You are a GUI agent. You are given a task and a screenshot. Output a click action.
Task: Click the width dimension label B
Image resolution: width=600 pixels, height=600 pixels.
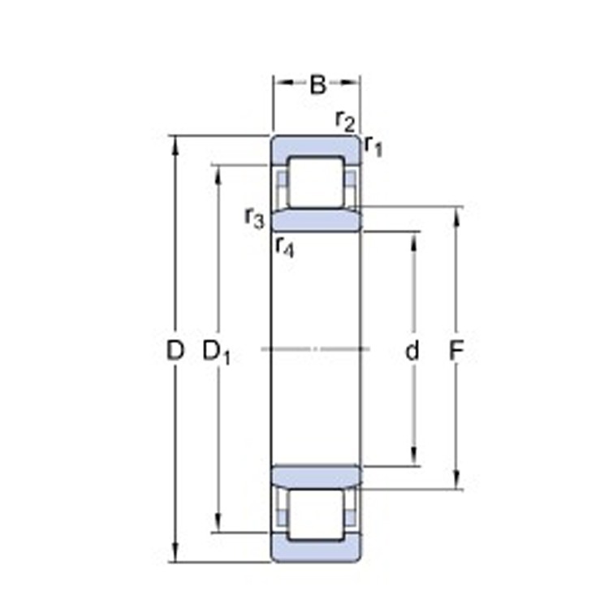tap(317, 84)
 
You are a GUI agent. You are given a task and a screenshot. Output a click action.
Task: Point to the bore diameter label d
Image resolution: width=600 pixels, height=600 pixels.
tap(413, 351)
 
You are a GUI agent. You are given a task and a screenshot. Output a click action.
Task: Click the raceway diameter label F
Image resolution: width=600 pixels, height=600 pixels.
tap(456, 351)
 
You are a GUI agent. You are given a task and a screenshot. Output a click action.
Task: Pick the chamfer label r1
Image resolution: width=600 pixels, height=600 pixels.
tap(373, 145)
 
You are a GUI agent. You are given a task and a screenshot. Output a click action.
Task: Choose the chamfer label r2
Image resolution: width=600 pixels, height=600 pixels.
tap(345, 120)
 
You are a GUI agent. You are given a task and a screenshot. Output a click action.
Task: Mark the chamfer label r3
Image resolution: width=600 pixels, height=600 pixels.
tap(254, 217)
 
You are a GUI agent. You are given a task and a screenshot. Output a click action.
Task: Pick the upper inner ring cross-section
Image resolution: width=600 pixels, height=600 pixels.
tap(316, 220)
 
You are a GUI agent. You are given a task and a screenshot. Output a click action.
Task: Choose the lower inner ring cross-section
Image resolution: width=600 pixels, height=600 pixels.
tap(316, 477)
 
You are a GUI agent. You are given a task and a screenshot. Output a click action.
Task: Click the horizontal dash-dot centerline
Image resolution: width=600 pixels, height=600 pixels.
tap(316, 350)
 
